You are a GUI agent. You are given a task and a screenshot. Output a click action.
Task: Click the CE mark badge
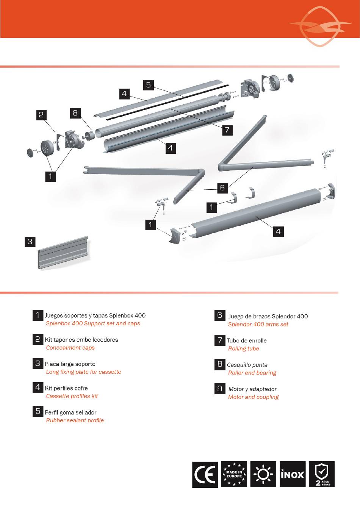[x=205, y=474]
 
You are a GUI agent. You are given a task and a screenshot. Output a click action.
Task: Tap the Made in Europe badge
[x=234, y=474]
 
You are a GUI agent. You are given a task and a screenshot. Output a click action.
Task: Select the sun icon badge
[x=263, y=474]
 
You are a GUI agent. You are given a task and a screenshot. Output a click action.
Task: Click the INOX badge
[x=293, y=474]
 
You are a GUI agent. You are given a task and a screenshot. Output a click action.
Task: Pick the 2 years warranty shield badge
[x=322, y=474]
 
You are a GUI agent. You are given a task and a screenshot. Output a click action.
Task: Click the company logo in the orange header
[x=320, y=26]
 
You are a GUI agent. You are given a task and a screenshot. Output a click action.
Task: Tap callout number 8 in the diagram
[x=75, y=113]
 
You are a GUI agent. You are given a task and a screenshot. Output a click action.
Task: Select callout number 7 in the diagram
[x=227, y=130]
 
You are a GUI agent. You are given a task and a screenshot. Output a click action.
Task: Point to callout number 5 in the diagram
[x=149, y=85]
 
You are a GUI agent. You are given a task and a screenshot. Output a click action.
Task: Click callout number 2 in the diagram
[x=41, y=115]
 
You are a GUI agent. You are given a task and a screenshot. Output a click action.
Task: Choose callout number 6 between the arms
[x=222, y=188]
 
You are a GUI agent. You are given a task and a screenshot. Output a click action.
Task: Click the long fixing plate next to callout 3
[x=63, y=253]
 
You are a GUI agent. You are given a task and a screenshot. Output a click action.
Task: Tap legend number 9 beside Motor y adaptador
[x=220, y=389]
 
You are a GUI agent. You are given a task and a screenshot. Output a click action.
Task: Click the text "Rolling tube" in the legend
[x=244, y=348]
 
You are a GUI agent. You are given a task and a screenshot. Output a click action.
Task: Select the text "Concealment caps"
[x=70, y=348]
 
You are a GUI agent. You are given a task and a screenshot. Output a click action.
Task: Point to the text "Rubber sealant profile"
[x=75, y=420]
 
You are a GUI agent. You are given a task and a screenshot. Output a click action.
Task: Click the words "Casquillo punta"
[x=247, y=365]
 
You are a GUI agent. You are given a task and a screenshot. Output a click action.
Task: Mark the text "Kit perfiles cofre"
[x=66, y=388]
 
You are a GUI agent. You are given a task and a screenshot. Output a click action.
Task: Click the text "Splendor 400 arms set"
[x=258, y=324]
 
